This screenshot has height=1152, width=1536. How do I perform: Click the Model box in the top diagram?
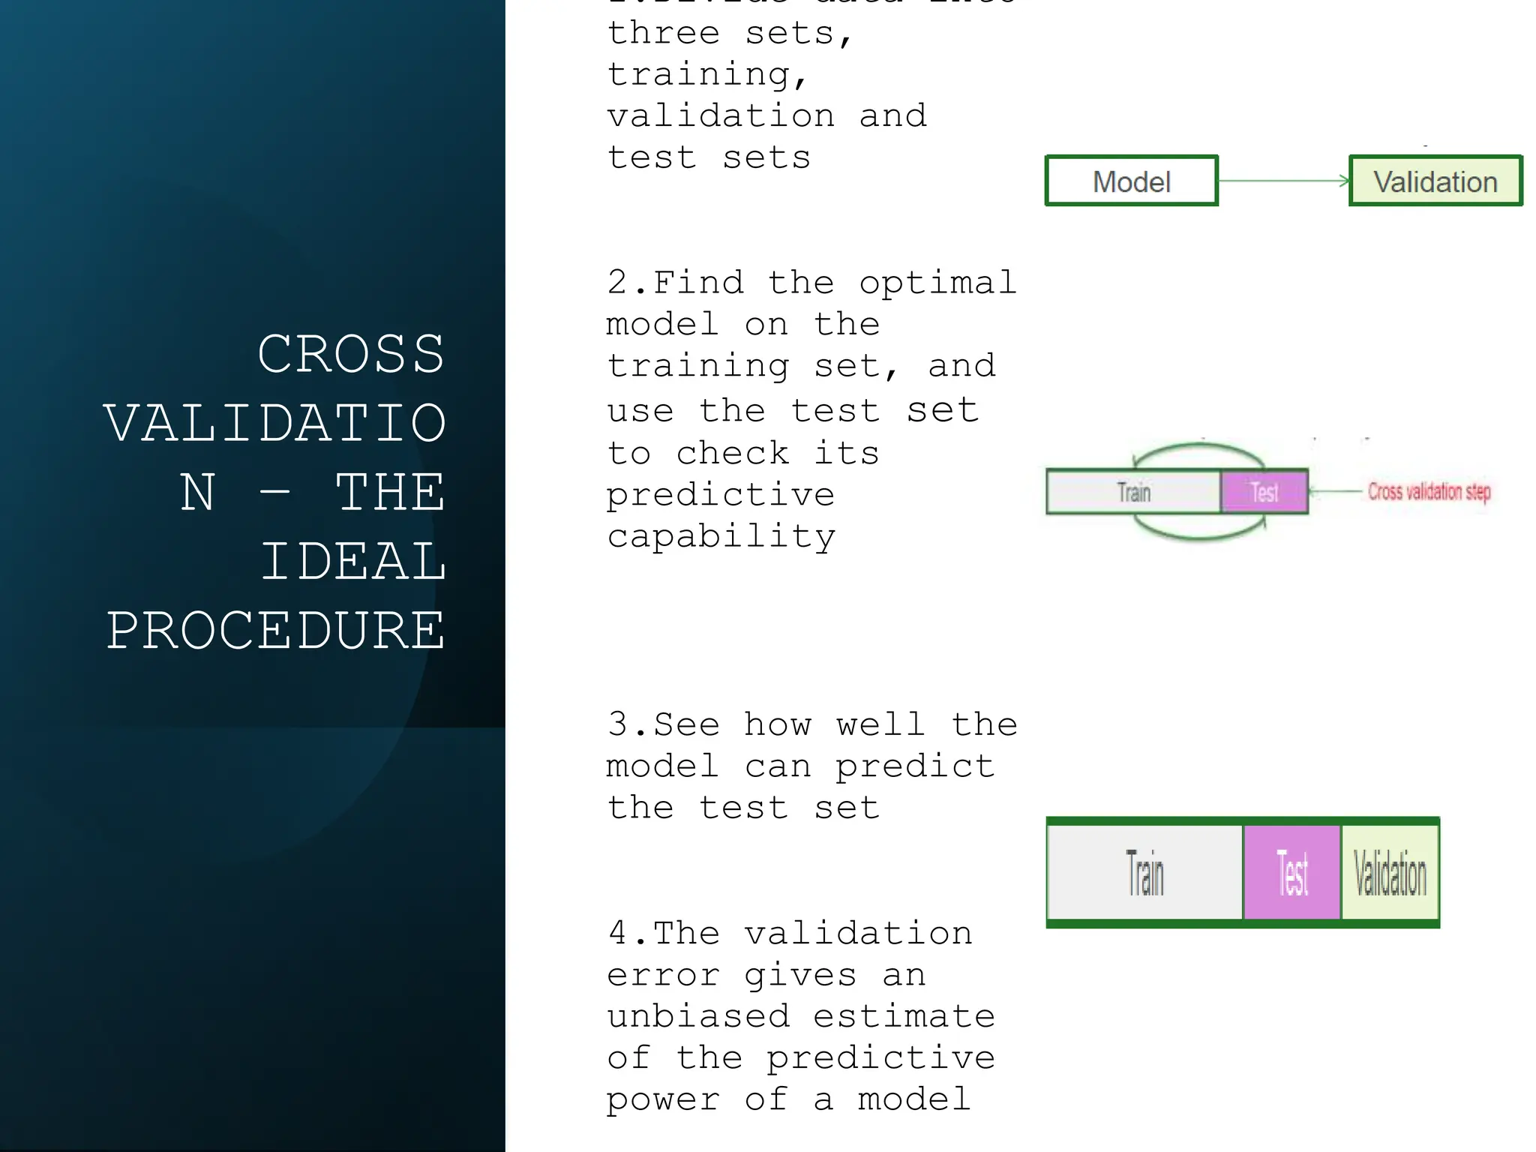coord(1131,181)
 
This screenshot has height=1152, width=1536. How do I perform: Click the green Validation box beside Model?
coord(1435,181)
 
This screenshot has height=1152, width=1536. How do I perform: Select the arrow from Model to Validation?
coord(1283,181)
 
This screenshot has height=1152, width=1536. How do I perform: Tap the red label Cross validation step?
coord(1429,491)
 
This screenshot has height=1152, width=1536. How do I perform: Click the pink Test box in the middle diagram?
coord(1264,492)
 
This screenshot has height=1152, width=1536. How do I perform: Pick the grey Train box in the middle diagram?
coord(1133,492)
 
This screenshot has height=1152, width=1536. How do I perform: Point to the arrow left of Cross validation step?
coord(1335,491)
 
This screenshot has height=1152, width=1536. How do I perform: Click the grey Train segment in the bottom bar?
coord(1144,872)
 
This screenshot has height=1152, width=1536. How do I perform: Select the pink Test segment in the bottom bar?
coord(1291,872)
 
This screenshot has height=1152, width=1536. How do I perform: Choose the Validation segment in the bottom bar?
coord(1390,872)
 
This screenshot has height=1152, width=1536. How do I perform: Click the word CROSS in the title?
coord(351,354)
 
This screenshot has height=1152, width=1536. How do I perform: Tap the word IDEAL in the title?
coord(353,561)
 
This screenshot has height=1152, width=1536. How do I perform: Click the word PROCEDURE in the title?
coord(276,630)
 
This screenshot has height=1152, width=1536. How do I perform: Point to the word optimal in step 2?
coord(937,283)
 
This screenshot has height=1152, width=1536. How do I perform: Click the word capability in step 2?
coord(721,537)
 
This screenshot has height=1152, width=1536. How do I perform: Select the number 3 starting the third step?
coord(617,724)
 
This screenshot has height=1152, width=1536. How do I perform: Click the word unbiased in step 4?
coord(698,1016)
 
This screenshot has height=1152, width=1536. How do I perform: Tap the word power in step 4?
coord(662,1099)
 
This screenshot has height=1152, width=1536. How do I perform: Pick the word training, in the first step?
coord(707,75)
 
